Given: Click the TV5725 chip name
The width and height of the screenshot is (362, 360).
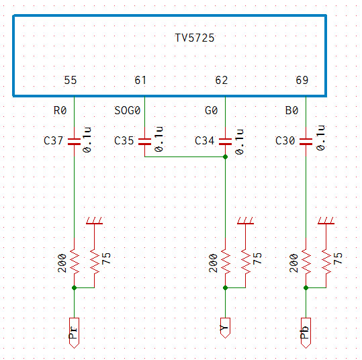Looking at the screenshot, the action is click(x=195, y=38).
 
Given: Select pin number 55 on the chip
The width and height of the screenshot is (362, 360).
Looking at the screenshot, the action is click(x=70, y=80).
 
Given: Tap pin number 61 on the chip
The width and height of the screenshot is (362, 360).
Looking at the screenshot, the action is click(x=140, y=80).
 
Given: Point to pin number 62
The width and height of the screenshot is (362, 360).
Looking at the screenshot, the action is click(x=222, y=80).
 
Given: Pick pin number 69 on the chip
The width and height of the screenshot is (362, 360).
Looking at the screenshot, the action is click(x=302, y=80).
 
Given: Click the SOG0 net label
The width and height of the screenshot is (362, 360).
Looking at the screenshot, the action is click(x=128, y=110).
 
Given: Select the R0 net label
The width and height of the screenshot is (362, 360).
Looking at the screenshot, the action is click(x=60, y=110).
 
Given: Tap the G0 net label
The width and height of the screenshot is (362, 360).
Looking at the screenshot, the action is click(x=212, y=110).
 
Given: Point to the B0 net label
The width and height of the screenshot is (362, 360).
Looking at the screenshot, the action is click(x=291, y=110).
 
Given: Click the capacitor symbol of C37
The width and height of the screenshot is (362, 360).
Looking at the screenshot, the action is click(x=74, y=142).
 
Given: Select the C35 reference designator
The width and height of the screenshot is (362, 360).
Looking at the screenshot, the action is click(x=124, y=140).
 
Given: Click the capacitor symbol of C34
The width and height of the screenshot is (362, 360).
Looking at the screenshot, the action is click(x=226, y=142).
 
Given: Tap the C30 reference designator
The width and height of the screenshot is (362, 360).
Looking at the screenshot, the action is click(x=285, y=140).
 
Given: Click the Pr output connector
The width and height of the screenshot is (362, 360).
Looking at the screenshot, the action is click(x=74, y=332).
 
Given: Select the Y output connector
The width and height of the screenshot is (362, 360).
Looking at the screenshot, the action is click(x=226, y=328).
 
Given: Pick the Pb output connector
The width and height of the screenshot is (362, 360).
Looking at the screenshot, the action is click(x=306, y=332).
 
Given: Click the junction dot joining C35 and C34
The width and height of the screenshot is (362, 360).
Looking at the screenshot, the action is click(x=226, y=157).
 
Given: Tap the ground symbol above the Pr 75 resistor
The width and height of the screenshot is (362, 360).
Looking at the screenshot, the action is click(x=94, y=220).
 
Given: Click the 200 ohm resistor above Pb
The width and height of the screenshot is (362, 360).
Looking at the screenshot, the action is click(x=306, y=261).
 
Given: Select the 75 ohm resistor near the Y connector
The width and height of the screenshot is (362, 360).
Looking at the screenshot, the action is click(x=245, y=261).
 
